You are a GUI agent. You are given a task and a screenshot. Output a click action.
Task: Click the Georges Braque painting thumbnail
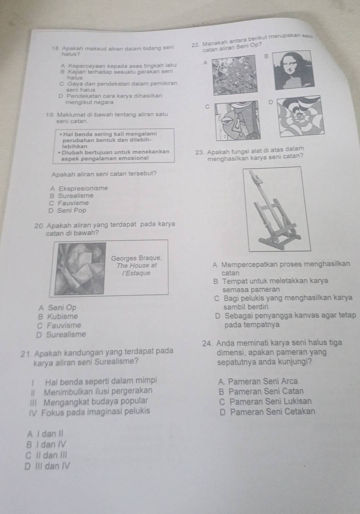[x=80, y=268]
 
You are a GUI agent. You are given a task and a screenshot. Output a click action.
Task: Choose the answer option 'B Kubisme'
[x=58, y=316]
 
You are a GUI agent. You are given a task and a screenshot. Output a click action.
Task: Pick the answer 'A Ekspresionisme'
[x=79, y=189]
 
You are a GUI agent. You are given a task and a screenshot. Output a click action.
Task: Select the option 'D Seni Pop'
[x=67, y=211]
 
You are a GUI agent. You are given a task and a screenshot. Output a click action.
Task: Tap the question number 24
[x=208, y=343]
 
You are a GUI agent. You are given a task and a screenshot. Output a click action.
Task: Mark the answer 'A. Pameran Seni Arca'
[x=258, y=381]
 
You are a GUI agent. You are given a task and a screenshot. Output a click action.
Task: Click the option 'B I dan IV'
[x=46, y=445]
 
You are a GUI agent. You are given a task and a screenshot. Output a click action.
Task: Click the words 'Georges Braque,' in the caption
[x=137, y=258]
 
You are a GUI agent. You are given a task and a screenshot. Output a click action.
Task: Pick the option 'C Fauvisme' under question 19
[x=69, y=203]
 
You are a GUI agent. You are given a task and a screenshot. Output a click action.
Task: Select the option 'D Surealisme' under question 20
[x=61, y=334]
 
